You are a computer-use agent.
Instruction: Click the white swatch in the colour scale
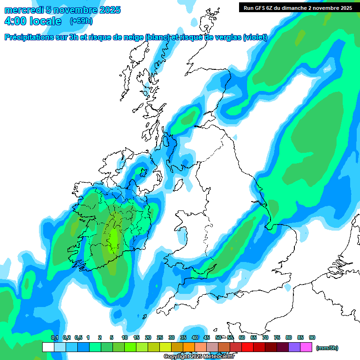click(x=48, y=347)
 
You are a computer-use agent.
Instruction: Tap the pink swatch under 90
click(x=307, y=347)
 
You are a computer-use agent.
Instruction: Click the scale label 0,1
click(x=54, y=338)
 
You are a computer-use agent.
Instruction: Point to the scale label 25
click(x=160, y=338)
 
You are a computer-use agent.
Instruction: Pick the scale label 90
click(x=312, y=338)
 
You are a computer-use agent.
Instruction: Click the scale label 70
click(x=265, y=338)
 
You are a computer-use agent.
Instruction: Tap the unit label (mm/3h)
click(x=327, y=348)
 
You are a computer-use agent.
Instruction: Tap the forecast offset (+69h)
click(x=81, y=21)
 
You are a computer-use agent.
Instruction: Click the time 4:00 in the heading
click(x=16, y=21)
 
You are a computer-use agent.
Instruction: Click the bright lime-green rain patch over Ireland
click(x=113, y=238)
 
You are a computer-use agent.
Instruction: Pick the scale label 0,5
click(x=78, y=338)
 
